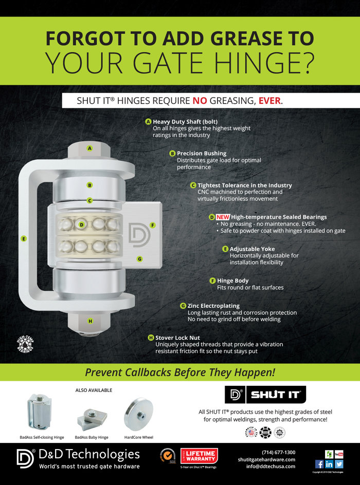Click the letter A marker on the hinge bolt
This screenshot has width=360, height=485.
tap(89, 148)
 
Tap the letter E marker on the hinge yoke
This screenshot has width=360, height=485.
tap(24, 238)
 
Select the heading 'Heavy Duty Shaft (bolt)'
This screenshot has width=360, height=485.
tap(182, 122)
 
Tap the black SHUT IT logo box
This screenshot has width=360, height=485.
tap(265, 395)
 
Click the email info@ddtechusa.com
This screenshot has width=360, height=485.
tap(271, 466)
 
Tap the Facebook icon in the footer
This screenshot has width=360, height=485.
tap(319, 464)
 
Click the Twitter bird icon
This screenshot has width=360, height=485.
tap(339, 464)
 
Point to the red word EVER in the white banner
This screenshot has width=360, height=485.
tap(269, 101)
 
